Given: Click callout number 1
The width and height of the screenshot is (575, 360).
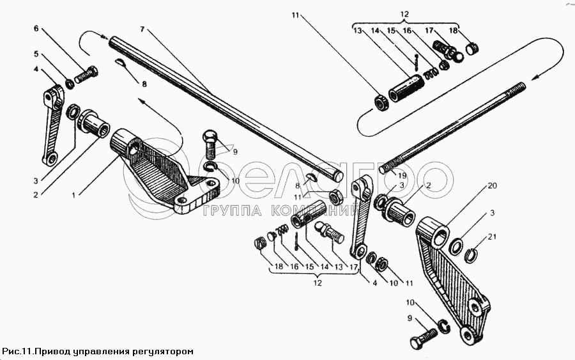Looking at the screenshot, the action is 73,194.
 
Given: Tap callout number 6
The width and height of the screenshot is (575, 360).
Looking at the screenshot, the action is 36,29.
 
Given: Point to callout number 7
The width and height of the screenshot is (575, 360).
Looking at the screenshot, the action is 142,29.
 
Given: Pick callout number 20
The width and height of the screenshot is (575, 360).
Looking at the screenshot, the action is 491,186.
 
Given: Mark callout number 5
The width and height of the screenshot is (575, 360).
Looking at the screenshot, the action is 36,54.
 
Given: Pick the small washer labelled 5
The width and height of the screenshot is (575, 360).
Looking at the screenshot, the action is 68,83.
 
